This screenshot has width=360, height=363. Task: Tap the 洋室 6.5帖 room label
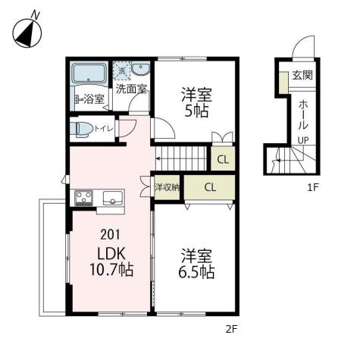point(196,263)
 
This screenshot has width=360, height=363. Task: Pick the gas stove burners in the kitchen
point(83,199)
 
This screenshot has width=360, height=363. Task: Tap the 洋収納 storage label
point(166,186)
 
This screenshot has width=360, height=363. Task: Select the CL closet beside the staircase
point(222,159)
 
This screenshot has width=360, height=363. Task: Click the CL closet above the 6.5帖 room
point(209,186)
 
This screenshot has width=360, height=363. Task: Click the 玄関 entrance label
point(302,75)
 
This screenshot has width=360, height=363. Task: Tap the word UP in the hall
point(302,141)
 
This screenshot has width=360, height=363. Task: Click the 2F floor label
point(230,329)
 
